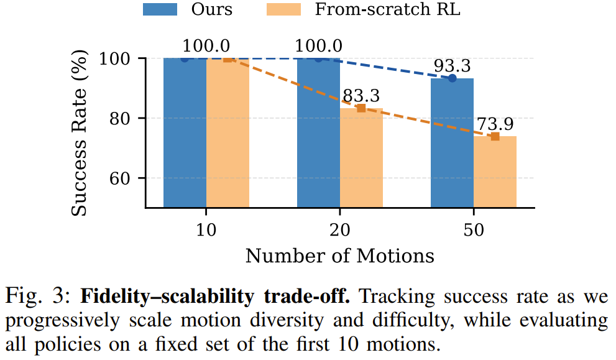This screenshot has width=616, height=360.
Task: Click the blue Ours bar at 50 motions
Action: [452, 143]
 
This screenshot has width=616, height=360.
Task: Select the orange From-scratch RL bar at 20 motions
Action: [361, 158]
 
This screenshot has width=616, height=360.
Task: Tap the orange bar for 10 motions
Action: [228, 133]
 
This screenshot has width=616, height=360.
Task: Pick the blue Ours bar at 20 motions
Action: [318, 133]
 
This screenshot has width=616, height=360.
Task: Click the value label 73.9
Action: [495, 122]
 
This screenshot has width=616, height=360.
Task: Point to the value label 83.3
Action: [362, 95]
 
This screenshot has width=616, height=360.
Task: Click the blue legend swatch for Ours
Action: [161, 9]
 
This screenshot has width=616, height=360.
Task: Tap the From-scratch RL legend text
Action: [388, 9]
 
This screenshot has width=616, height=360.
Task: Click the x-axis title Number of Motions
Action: [339, 255]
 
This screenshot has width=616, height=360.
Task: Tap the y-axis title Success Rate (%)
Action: [79, 133]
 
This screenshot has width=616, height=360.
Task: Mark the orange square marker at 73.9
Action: [495, 136]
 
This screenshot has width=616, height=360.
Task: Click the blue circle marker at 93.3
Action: [452, 78]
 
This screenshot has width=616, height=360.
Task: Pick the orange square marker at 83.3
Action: [361, 108]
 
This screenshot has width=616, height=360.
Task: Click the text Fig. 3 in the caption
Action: [37, 296]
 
